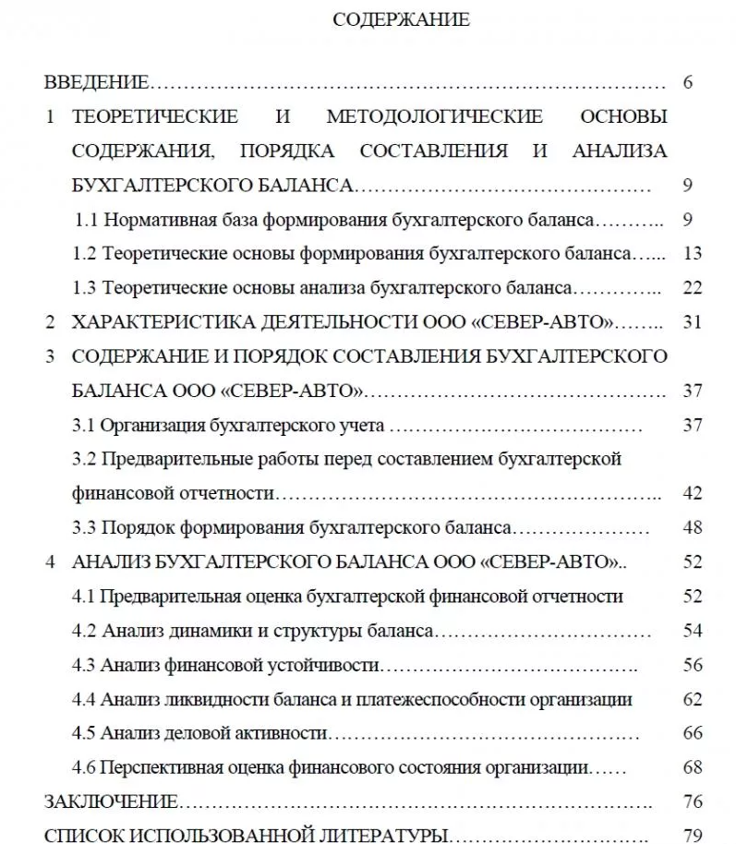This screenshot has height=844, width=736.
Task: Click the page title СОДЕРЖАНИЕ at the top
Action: pyautogui.click(x=400, y=20)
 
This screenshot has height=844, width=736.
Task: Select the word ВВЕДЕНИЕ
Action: pyautogui.click(x=96, y=83)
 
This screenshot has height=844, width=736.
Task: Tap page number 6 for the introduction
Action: pyautogui.click(x=688, y=83)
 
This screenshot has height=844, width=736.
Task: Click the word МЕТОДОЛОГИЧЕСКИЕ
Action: pyautogui.click(x=434, y=117)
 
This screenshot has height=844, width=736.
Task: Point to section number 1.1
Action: pyautogui.click(x=87, y=220)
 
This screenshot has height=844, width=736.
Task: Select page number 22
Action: pyautogui.click(x=694, y=288)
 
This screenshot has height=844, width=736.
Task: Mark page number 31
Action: pyautogui.click(x=694, y=322)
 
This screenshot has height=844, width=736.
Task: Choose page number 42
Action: pyautogui.click(x=694, y=493)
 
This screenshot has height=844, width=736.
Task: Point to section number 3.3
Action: pyautogui.click(x=84, y=528)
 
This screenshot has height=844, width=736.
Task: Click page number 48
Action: pyautogui.click(x=694, y=528)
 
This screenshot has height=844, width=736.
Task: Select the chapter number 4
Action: pyautogui.click(x=51, y=562)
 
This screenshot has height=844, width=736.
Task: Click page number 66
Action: pyautogui.click(x=694, y=733)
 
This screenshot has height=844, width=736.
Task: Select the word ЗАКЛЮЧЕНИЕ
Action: pyautogui.click(x=111, y=802)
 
